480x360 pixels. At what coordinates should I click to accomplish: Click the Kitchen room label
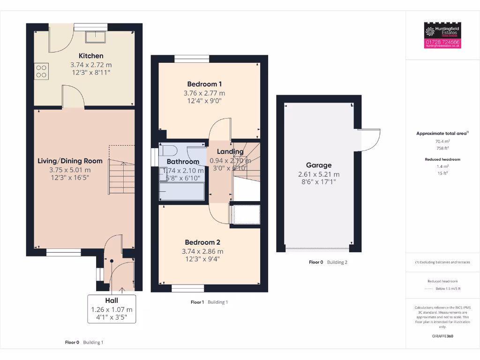pos(91,56)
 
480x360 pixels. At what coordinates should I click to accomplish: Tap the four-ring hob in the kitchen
pos(41,71)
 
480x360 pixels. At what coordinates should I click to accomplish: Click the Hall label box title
pos(112,300)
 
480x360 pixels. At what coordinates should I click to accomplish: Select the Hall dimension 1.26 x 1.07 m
pos(112,309)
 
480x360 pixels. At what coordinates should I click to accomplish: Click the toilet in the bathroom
pos(167,150)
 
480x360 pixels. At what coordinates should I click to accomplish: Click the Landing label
pos(230,151)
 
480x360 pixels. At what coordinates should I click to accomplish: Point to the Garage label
pos(319,165)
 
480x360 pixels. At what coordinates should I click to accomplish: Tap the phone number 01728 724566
pos(442,42)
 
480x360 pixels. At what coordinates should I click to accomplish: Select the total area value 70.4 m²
pos(442,141)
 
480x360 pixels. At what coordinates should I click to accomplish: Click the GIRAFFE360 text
pos(442,336)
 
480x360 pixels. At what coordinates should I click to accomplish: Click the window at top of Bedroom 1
pos(191,59)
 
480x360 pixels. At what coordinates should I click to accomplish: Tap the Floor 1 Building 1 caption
pos(209,302)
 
